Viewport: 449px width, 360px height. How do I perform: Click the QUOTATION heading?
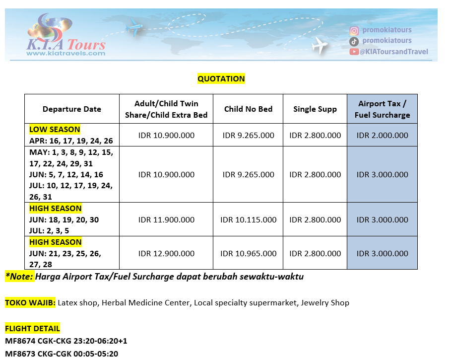[x=221, y=78]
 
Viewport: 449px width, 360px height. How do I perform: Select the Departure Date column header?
[x=71, y=109]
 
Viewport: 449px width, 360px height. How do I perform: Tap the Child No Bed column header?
[x=248, y=109]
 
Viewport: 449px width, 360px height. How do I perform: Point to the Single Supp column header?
[x=315, y=109]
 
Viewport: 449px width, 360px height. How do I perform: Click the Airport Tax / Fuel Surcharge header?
[x=382, y=109]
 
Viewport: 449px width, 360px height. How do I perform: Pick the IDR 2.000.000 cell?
[x=382, y=135]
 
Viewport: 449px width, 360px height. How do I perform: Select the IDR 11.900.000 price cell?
[x=166, y=219]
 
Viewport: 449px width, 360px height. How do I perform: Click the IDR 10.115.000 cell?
[x=248, y=219]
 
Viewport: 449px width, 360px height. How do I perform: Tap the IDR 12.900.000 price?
[x=166, y=253]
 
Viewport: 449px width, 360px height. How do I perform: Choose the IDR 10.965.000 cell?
[x=248, y=253]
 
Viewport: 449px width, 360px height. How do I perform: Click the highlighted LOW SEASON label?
[x=55, y=130]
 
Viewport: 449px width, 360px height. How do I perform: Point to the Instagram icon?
[x=354, y=31]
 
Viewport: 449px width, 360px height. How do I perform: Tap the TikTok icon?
[x=354, y=41]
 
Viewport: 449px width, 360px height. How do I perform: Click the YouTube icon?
[x=354, y=52]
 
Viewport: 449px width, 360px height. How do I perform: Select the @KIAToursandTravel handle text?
[x=394, y=52]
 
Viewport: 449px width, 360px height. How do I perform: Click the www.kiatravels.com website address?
[x=66, y=53]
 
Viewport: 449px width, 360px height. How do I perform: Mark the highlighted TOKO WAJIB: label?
[x=30, y=302]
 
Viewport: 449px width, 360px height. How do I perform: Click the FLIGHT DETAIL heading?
[x=32, y=328]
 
